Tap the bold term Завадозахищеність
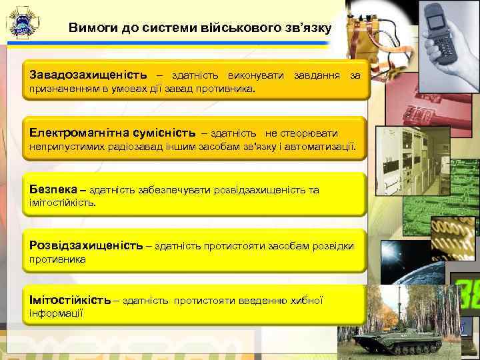[89, 75]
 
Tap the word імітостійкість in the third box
[62, 202]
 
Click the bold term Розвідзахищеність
[86, 245]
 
